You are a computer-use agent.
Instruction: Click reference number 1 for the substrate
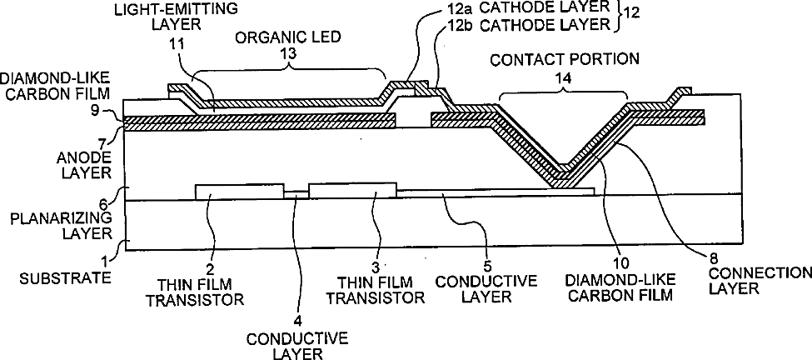tap(104, 261)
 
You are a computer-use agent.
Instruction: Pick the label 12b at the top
tap(449, 24)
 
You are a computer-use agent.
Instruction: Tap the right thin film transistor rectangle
tap(352, 190)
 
